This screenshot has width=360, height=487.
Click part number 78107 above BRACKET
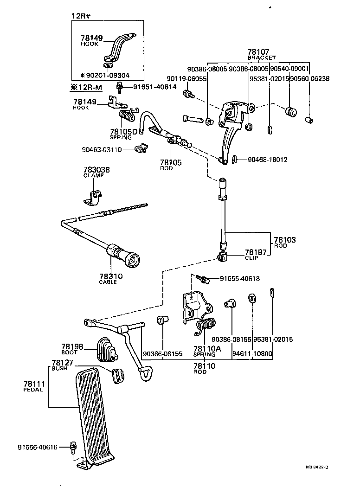pos(258,52)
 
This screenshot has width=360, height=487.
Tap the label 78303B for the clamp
pos(96,170)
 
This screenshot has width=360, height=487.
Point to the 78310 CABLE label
pos(110,277)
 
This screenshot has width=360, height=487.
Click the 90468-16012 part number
pos(267,160)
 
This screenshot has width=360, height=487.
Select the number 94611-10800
pos(252,353)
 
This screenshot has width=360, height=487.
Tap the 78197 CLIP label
pos(254,252)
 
